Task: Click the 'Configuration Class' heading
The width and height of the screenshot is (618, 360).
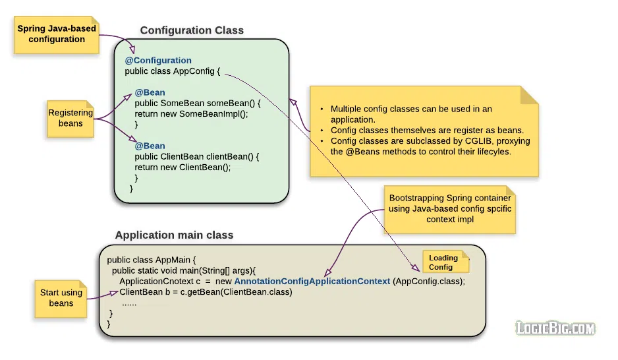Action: [192, 30]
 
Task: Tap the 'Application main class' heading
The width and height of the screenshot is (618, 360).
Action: [174, 235]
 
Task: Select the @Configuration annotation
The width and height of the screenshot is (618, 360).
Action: [158, 60]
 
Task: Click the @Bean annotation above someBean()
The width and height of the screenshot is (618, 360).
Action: [150, 92]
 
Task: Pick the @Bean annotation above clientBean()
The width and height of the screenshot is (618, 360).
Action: [150, 146]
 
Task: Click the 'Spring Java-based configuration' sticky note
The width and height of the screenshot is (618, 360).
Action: [57, 35]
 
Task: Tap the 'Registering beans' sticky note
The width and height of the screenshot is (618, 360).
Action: [70, 119]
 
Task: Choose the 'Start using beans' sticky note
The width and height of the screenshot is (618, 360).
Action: [61, 299]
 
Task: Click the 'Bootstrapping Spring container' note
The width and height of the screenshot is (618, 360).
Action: [450, 210]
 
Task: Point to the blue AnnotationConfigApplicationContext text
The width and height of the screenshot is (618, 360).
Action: [312, 282]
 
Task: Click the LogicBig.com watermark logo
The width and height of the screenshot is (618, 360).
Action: [555, 328]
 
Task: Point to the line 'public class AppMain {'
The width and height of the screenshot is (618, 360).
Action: [152, 260]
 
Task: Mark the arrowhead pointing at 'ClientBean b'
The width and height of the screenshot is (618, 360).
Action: [113, 293]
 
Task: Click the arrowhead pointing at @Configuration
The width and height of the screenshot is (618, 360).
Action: [132, 49]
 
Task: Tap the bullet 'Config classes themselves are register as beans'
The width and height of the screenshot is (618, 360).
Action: [427, 131]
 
